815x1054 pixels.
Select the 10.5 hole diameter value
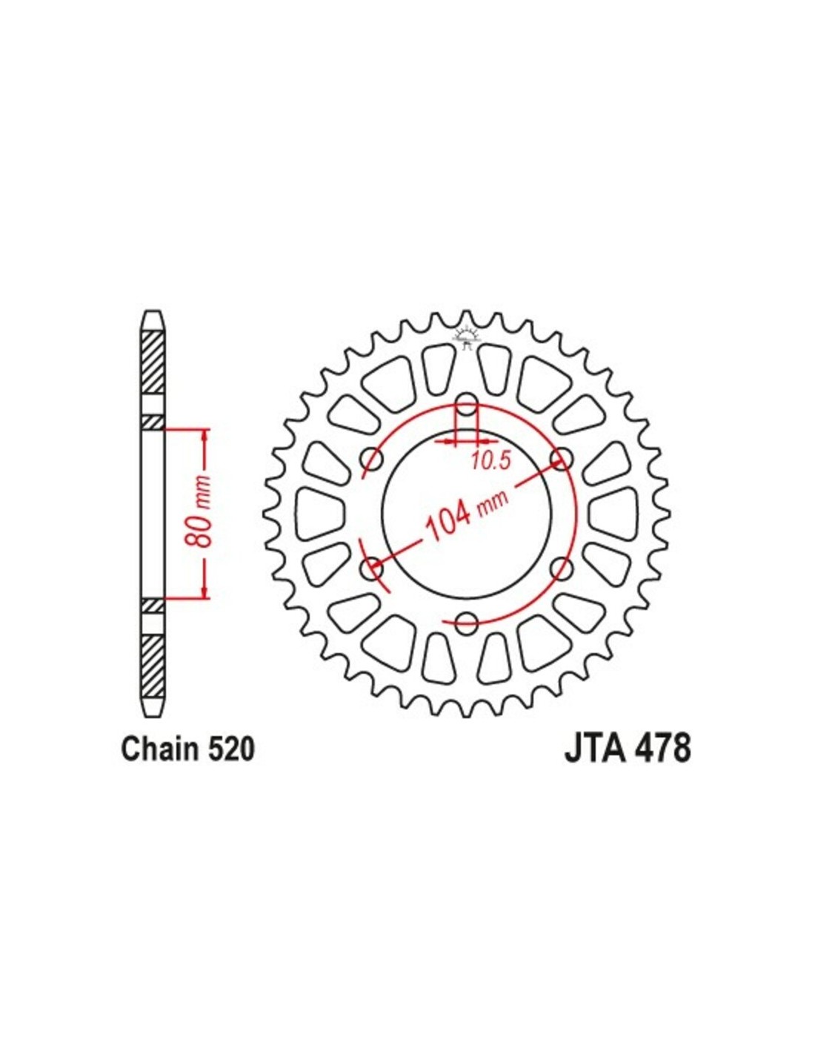coord(491,460)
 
